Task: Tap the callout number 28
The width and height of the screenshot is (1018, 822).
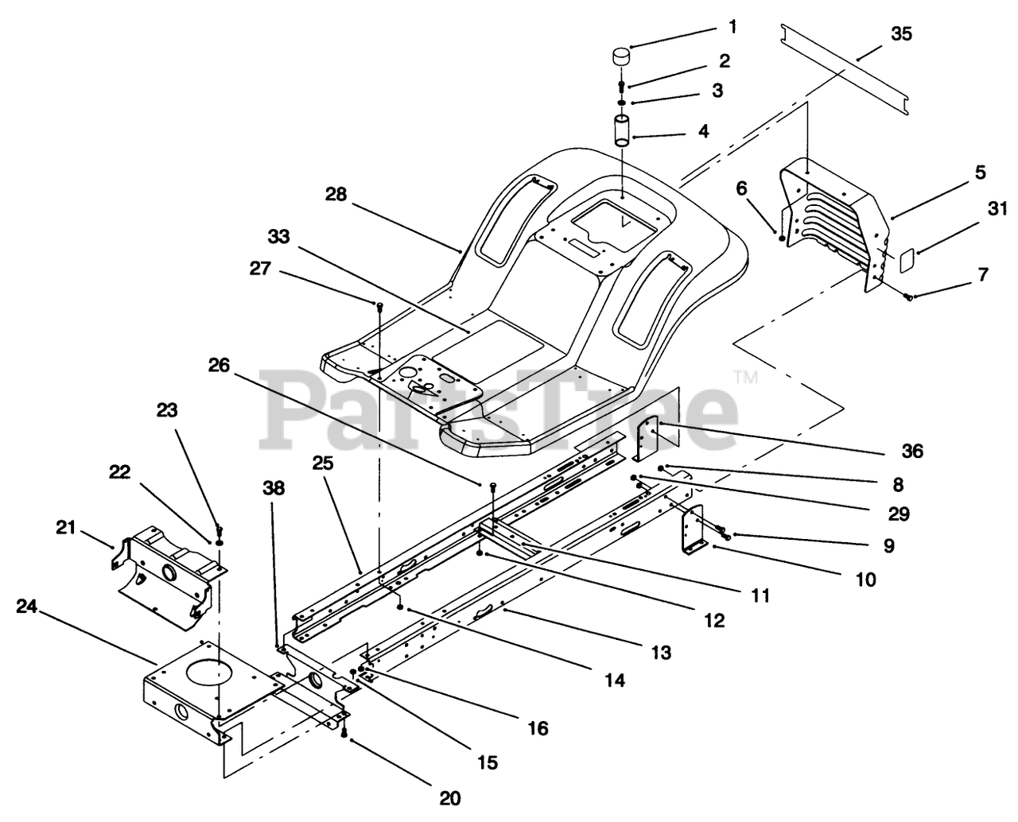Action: coord(336,194)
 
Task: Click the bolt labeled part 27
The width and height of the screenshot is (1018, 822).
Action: coord(379,305)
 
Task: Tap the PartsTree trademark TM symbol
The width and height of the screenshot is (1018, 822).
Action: coord(745,377)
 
